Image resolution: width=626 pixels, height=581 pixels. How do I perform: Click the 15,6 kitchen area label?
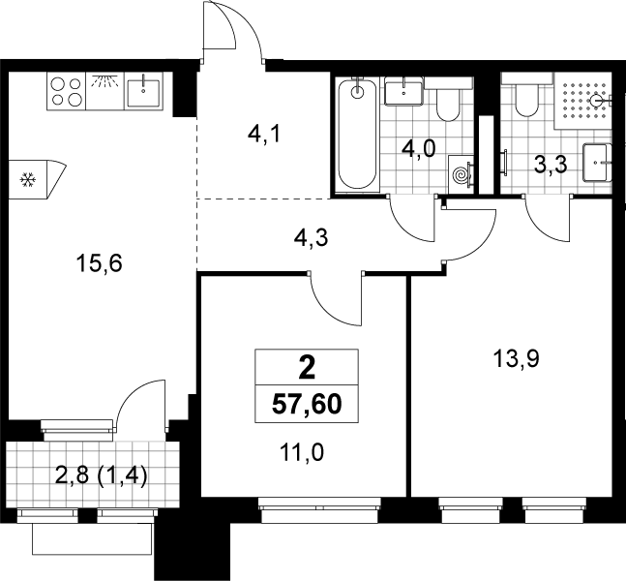click(x=99, y=263)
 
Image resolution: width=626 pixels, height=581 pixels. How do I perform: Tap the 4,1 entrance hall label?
click(x=265, y=135)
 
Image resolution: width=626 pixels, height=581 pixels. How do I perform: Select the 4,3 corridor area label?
click(x=311, y=238)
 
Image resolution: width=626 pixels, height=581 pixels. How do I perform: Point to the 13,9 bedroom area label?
click(x=517, y=358)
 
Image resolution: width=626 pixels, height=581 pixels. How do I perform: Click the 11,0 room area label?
click(x=302, y=453)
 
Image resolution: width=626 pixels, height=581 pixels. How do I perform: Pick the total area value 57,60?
click(x=307, y=405)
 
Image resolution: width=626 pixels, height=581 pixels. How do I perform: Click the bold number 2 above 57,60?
click(x=307, y=368)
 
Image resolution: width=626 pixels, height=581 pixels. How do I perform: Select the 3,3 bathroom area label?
click(x=551, y=165)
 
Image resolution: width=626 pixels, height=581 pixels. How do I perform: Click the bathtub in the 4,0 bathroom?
click(x=357, y=134)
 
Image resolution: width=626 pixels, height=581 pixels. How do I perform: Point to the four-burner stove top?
click(x=66, y=91)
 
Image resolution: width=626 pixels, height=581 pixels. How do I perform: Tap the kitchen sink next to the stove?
click(x=143, y=93)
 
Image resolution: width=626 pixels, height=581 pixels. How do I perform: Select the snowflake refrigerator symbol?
click(x=28, y=180)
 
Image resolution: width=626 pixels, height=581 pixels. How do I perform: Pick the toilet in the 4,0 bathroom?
click(x=448, y=103)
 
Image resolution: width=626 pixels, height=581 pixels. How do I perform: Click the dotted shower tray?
click(x=582, y=101)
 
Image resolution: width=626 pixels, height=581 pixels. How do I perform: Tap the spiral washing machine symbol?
click(x=461, y=174)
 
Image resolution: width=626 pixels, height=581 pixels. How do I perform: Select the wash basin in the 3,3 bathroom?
click(x=597, y=163)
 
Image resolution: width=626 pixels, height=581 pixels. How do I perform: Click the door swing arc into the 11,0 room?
click(x=330, y=310)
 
